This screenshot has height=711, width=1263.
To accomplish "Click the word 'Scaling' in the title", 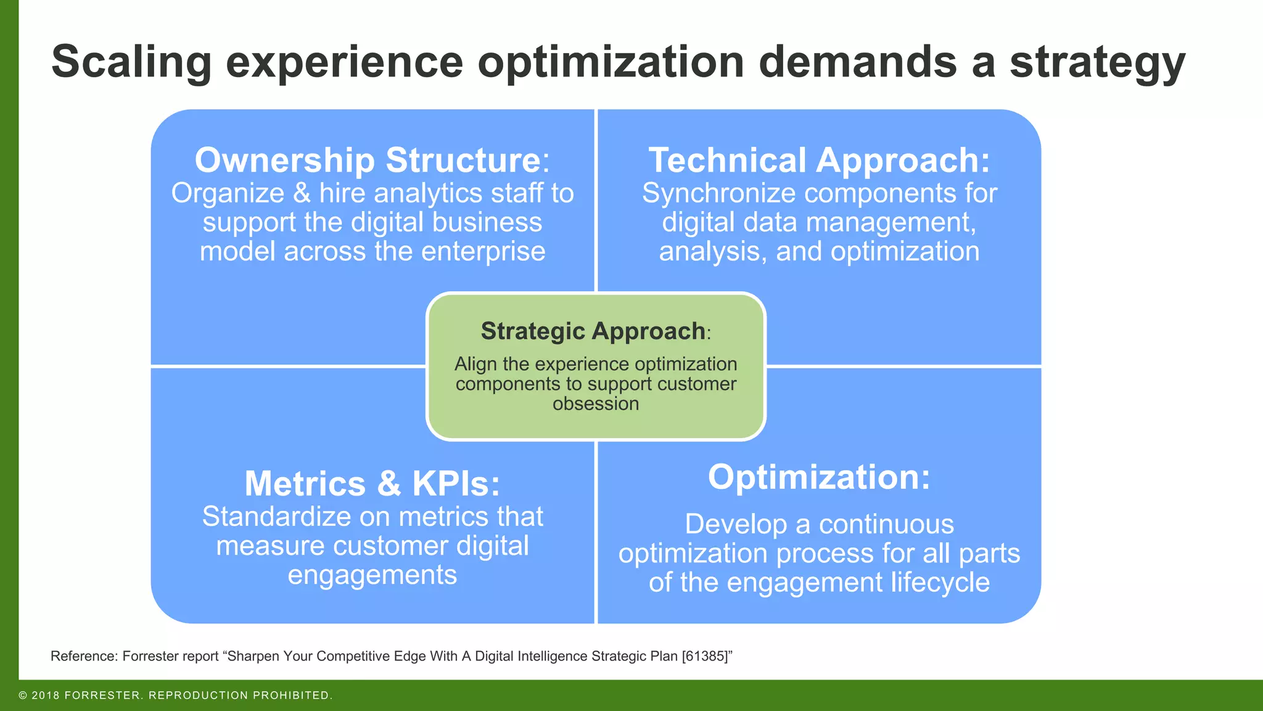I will click(131, 63).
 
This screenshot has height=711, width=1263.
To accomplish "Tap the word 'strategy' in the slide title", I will click(1097, 63).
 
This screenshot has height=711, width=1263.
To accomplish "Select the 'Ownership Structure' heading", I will click(368, 160).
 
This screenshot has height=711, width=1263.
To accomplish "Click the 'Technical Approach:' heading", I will click(819, 160).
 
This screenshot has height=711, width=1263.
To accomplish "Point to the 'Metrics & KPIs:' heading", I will click(372, 483).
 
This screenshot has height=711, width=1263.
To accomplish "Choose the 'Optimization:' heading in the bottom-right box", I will click(819, 477).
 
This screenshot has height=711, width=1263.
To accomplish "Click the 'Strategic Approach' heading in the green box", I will click(593, 331).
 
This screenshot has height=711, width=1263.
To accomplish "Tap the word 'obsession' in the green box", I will click(596, 404).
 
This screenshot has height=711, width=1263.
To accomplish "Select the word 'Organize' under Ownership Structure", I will click(228, 194).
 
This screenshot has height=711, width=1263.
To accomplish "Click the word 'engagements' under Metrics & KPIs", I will click(372, 575).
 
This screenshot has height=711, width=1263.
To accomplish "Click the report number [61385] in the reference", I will click(704, 656).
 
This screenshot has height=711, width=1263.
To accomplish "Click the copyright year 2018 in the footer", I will click(46, 696).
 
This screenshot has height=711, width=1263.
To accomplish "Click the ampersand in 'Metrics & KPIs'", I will click(389, 483).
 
